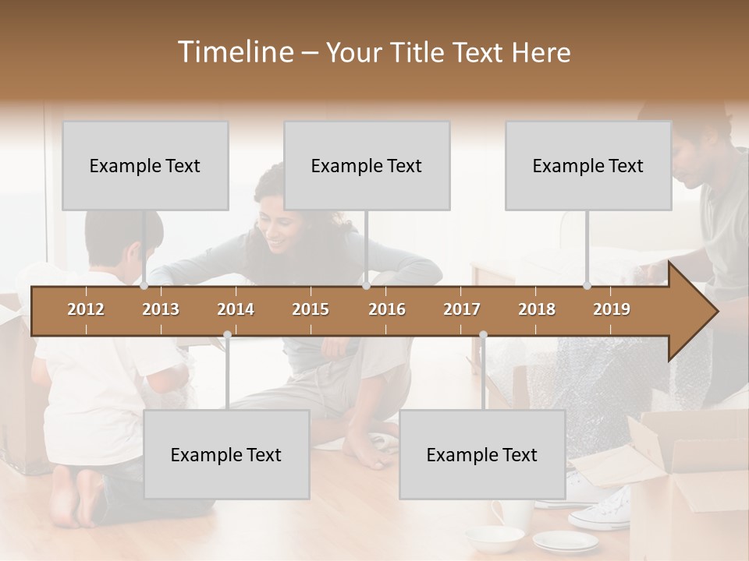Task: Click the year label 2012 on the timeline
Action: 86,309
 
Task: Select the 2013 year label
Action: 161,309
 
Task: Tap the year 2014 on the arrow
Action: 236,309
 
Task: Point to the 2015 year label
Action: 311,309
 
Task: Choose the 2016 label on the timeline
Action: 387,309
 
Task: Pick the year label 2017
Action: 462,309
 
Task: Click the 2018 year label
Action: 537,309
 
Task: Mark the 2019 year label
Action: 612,309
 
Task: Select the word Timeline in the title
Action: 235,52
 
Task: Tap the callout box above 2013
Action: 145,165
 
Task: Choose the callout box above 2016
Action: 367,165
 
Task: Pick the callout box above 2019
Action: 588,165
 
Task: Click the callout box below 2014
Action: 226,454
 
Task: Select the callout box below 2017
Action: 482,454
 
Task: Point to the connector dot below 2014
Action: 227,335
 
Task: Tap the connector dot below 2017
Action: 483,335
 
